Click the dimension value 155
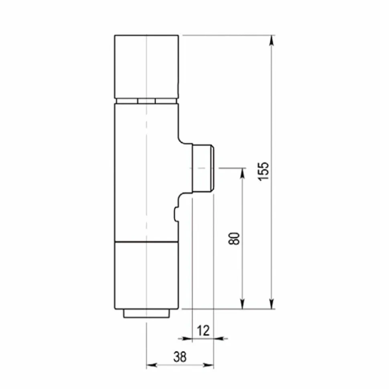[263, 171]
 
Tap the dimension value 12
[203, 331]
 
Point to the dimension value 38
[180, 357]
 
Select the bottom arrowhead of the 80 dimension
[243, 304]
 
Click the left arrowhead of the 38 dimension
[152, 365]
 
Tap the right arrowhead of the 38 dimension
[209, 365]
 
